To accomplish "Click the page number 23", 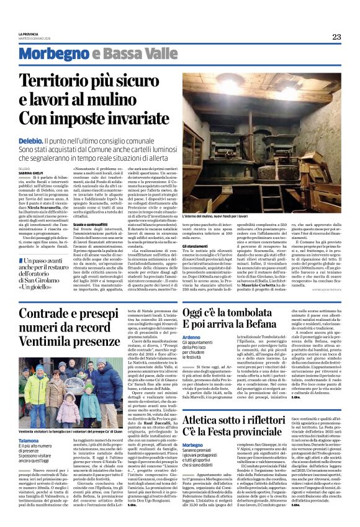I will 336,37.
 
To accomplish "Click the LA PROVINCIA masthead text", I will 29,33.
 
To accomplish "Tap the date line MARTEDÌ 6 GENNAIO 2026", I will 38,37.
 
